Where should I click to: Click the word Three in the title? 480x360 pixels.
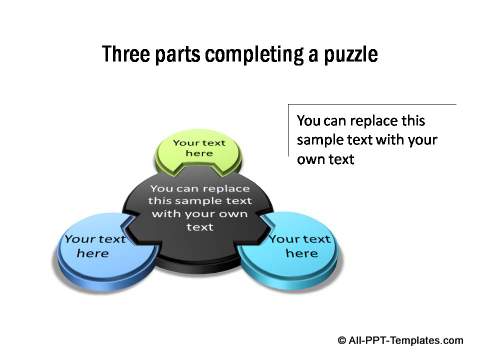click(123, 54)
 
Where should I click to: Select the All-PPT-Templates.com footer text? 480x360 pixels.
click(406, 340)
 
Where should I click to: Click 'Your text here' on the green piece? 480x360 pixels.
click(200, 149)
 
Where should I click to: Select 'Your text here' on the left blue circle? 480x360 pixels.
click(93, 246)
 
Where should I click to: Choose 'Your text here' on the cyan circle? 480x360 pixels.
click(300, 246)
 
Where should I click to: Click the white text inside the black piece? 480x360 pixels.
click(200, 207)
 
